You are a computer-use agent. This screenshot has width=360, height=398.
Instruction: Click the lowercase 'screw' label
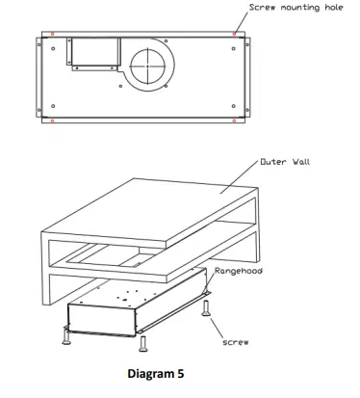coord(236,342)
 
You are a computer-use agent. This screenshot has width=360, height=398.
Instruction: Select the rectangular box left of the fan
coord(88,52)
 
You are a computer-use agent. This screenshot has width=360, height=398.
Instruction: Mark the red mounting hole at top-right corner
coord(235,33)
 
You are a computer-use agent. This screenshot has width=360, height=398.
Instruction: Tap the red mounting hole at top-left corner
coord(52,34)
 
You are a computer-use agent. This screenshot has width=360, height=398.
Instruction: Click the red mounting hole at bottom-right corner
coord(235,120)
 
